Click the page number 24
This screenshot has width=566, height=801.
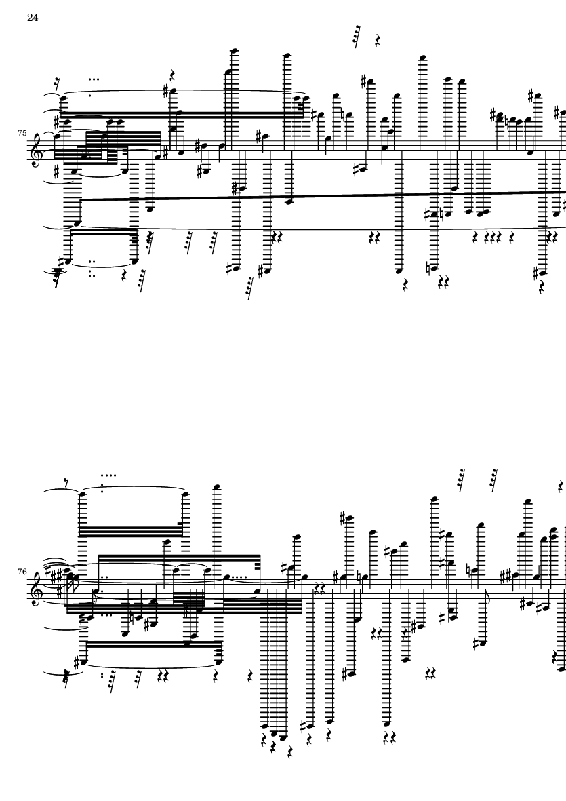pyautogui.click(x=32, y=18)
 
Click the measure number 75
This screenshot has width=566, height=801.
pyautogui.click(x=22, y=133)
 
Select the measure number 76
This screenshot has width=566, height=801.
pyautogui.click(x=22, y=572)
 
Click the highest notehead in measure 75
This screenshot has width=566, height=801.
pyautogui.click(x=235, y=51)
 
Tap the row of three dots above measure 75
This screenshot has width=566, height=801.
pyautogui.click(x=94, y=79)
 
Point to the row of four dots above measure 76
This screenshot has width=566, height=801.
pyautogui.click(x=108, y=475)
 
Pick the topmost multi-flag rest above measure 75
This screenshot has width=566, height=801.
pyautogui.click(x=357, y=36)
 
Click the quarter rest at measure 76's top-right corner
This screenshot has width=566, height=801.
pyautogui.click(x=561, y=486)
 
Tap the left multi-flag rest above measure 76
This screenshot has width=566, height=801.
pyautogui.click(x=462, y=480)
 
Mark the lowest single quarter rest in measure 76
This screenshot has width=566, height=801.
pyautogui.click(x=290, y=751)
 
